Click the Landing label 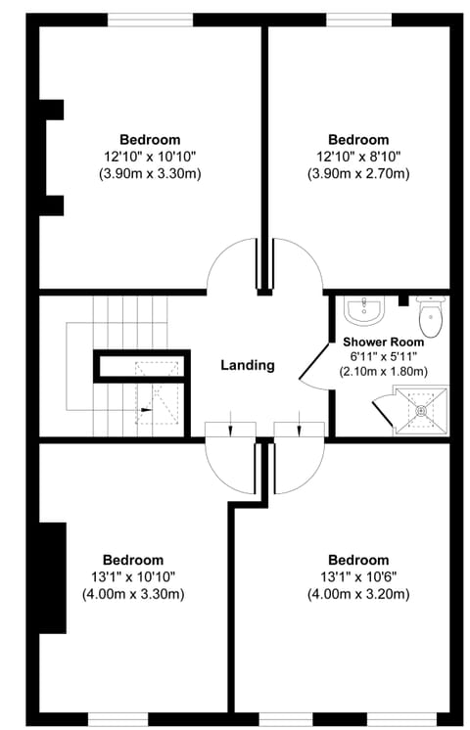[x=247, y=365]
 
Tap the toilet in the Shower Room [x=431, y=317]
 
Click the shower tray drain [x=422, y=410]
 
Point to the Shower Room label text [x=384, y=342]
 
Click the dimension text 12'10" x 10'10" [x=150, y=157]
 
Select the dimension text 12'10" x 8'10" [x=358, y=157]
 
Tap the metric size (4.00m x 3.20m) [x=358, y=594]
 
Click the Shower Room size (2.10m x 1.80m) [x=384, y=372]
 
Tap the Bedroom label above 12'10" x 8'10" [x=358, y=140]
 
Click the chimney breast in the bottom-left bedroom [x=52, y=577]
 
